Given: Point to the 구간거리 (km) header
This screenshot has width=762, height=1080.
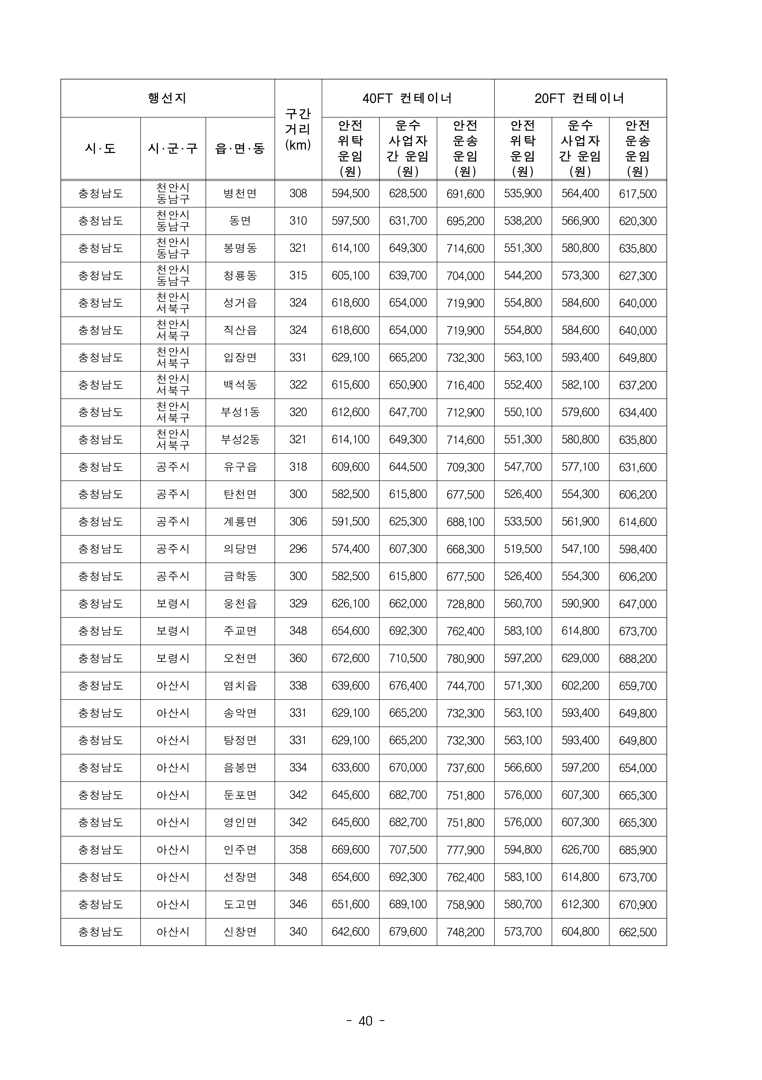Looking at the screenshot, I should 298,129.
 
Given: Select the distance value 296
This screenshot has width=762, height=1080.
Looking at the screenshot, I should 298,548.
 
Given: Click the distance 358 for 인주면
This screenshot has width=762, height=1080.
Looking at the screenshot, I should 298,849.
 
